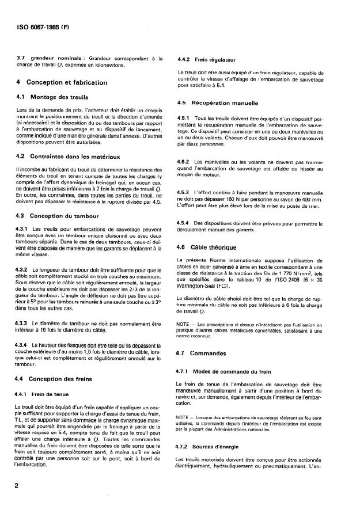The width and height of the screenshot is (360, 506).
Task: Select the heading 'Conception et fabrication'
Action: pyautogui.click(x=67, y=82)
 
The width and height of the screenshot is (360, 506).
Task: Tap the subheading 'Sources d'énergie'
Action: pyautogui.click(x=221, y=446)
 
